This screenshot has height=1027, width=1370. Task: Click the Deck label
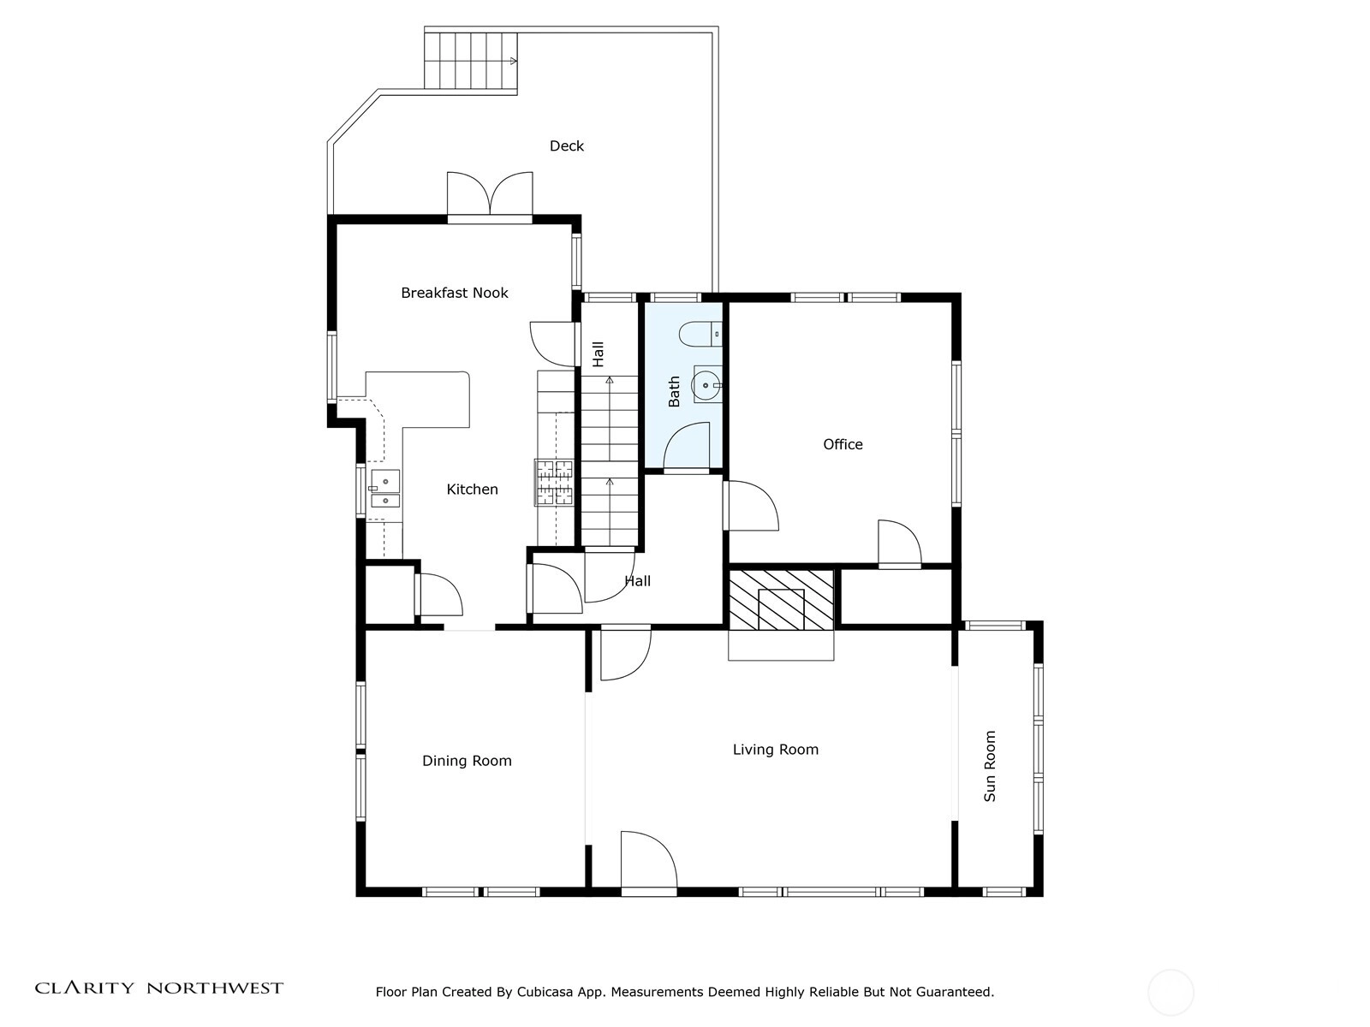pyautogui.click(x=566, y=145)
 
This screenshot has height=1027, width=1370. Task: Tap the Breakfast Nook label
pyautogui.click(x=455, y=293)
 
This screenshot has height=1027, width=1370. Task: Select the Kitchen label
pyautogui.click(x=472, y=490)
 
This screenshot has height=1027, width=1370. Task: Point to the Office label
pyautogui.click(x=843, y=444)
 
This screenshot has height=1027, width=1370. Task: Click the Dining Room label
pyautogui.click(x=467, y=761)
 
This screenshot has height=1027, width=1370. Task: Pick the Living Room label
pyautogui.click(x=775, y=750)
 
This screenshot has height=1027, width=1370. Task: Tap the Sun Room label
pyautogui.click(x=990, y=766)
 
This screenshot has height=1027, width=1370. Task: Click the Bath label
pyautogui.click(x=674, y=392)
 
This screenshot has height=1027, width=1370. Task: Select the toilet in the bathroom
pyautogui.click(x=700, y=335)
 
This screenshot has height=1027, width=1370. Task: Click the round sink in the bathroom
pyautogui.click(x=706, y=385)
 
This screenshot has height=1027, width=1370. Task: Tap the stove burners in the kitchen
pyautogui.click(x=554, y=482)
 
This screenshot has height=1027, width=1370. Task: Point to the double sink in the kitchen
pyautogui.click(x=385, y=490)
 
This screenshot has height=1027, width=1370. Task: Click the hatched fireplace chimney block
pyautogui.click(x=781, y=598)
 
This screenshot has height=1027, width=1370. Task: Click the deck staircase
pyautogui.click(x=471, y=61)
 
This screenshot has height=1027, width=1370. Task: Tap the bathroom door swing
pyautogui.click(x=686, y=446)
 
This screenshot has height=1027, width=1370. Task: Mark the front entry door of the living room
pyautogui.click(x=648, y=863)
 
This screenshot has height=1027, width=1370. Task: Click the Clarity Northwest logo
pyautogui.click(x=158, y=988)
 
